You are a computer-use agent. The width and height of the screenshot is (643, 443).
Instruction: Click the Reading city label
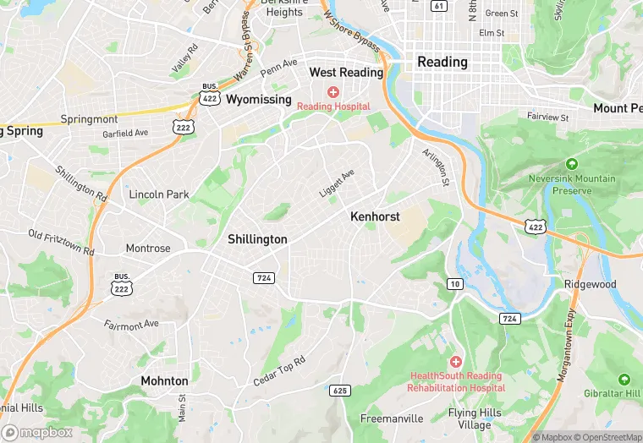(x=442, y=62)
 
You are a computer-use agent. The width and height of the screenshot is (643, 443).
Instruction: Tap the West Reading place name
(x=346, y=73)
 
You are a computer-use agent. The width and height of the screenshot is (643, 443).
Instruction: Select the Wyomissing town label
(x=258, y=98)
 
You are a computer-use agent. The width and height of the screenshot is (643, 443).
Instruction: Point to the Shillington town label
(x=257, y=239)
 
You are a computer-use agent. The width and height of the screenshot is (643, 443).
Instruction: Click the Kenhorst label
(x=375, y=217)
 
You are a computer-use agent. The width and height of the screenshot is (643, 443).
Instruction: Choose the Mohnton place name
(x=164, y=381)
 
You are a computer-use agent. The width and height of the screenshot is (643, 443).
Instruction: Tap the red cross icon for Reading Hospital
(x=333, y=91)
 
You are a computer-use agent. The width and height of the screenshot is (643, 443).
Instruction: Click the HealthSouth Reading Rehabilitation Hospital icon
(x=455, y=362)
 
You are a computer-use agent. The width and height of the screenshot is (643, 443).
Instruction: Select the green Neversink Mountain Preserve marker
(x=572, y=163)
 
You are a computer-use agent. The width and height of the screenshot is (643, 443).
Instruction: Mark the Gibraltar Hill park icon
(x=624, y=380)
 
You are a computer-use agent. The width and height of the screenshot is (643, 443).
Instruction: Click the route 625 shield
(x=341, y=391)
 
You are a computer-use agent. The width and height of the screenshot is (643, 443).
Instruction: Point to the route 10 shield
(x=455, y=284)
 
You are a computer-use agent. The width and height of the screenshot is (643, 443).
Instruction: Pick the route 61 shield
(x=438, y=5)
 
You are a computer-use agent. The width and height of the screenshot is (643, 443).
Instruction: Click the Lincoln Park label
(x=159, y=194)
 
